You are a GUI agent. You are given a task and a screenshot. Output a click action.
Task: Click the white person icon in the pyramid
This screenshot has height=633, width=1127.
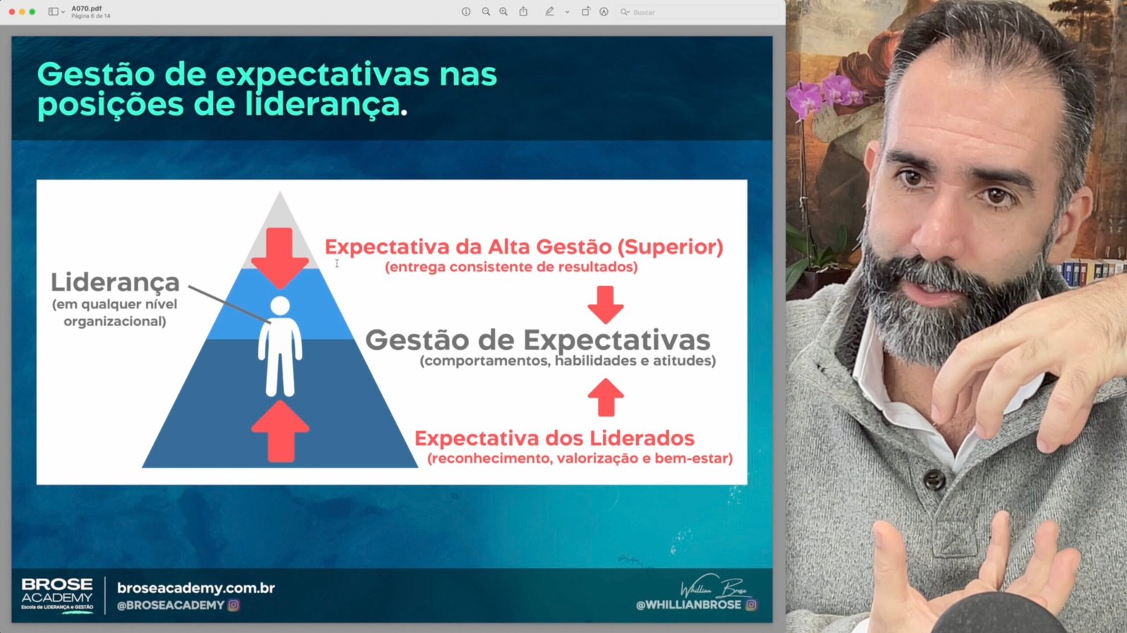(280, 346)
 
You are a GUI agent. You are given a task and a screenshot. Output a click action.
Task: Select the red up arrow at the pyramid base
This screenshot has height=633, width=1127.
(280, 432)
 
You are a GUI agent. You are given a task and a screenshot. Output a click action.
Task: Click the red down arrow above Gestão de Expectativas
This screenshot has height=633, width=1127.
(606, 305)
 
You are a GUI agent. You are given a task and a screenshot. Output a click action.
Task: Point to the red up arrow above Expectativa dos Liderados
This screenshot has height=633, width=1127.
(606, 397)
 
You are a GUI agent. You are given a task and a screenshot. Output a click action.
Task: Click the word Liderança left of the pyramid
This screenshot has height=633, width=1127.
(116, 282)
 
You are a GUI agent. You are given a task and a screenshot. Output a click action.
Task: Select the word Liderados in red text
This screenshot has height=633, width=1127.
(642, 439)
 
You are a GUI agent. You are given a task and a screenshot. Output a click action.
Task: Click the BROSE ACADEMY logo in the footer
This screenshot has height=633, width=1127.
(57, 595)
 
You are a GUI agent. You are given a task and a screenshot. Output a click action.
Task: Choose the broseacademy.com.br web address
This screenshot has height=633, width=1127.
(196, 588)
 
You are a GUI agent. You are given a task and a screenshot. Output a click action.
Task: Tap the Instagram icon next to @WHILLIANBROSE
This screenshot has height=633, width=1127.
(751, 605)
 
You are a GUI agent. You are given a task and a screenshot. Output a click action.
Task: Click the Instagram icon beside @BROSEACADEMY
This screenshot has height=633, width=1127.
(233, 605)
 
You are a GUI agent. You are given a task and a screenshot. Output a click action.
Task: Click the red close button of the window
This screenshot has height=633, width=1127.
(11, 11)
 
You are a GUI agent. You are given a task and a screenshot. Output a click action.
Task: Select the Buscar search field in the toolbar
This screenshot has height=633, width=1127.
(697, 12)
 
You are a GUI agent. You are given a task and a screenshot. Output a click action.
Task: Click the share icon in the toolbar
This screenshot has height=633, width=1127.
(523, 11)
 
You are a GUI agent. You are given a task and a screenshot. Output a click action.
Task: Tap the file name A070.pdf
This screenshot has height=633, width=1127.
(87, 8)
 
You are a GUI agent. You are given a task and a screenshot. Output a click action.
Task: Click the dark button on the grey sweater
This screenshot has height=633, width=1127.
(934, 479)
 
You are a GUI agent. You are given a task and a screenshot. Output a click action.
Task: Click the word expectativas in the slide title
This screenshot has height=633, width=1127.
(323, 75)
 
